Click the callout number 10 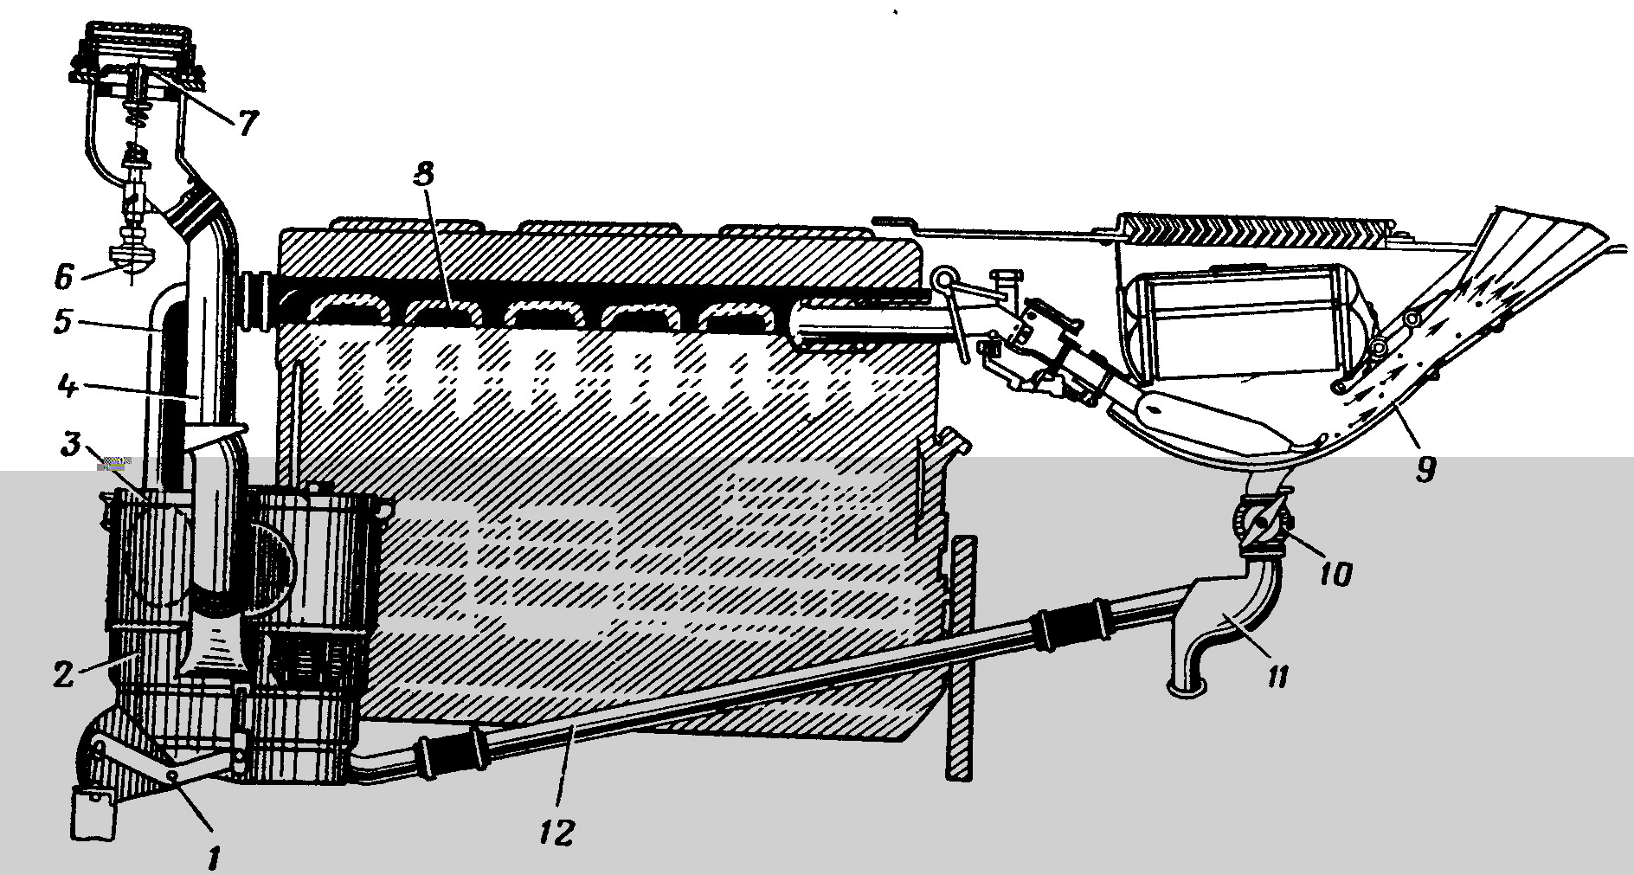pos(1334,573)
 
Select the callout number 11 pos(1277,673)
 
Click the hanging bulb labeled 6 pos(135,256)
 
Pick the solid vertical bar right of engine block pos(962,657)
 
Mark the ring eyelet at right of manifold pos(944,279)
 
